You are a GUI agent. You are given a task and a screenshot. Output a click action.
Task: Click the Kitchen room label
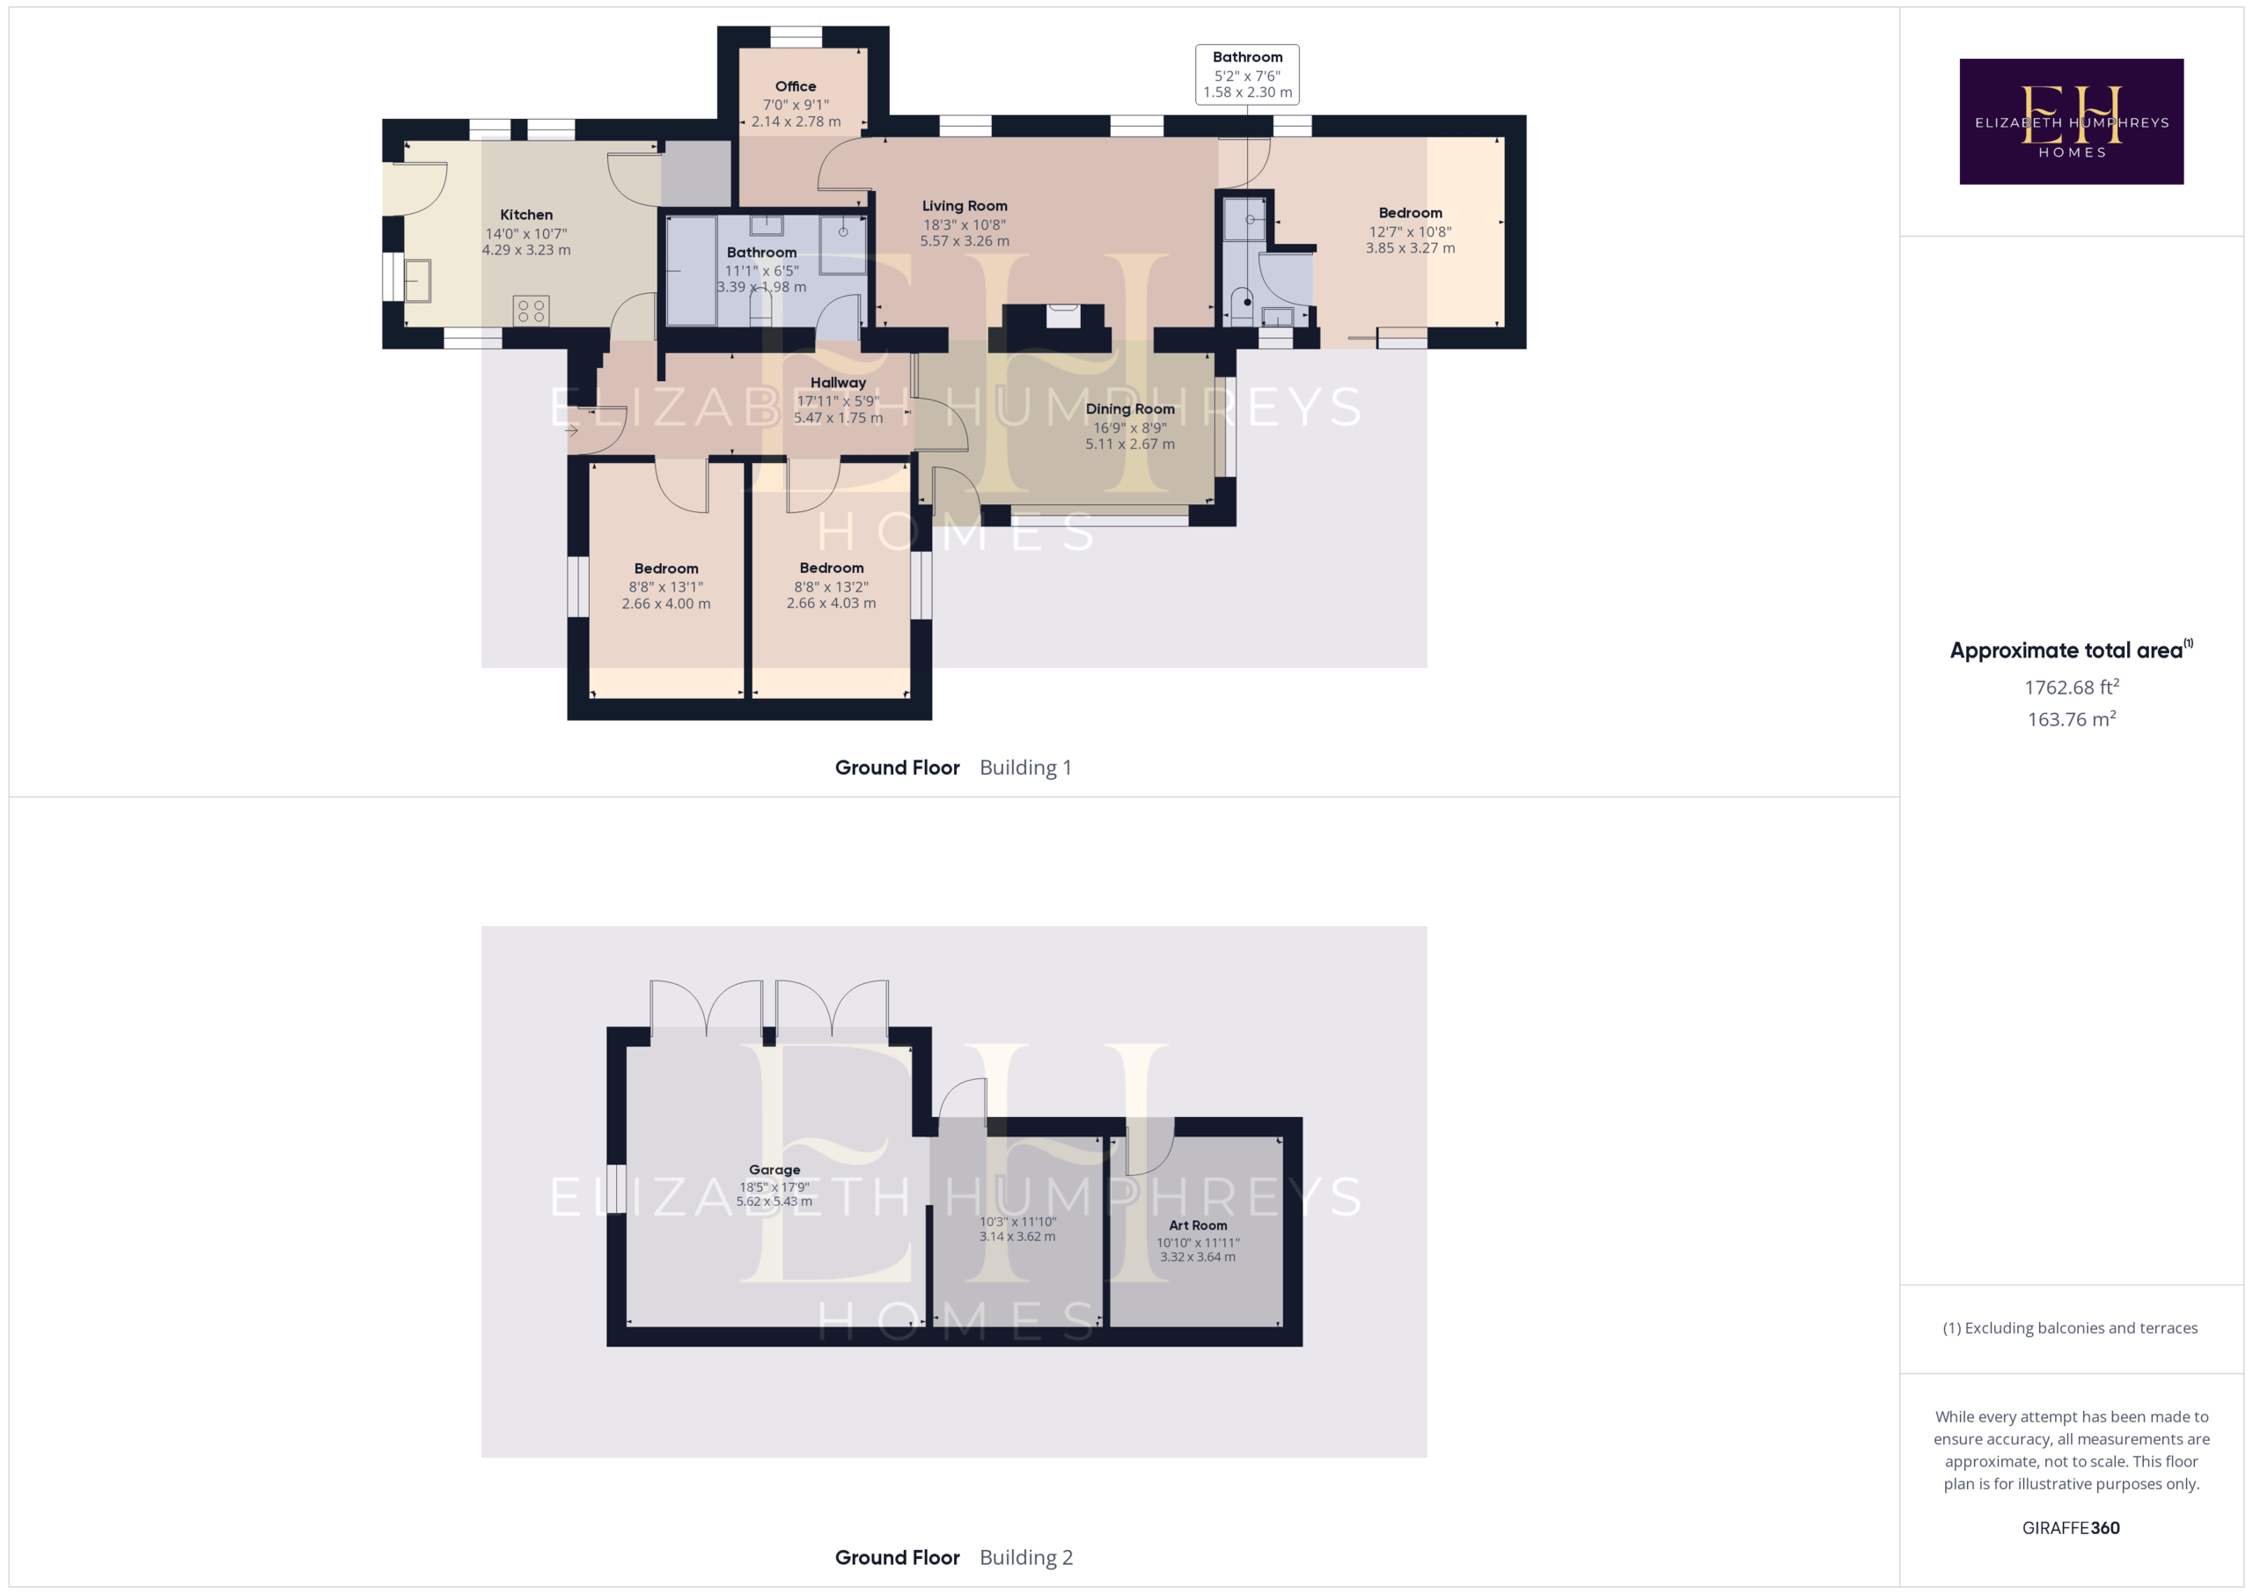[x=526, y=215]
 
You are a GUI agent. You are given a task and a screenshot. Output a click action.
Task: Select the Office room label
[x=795, y=86]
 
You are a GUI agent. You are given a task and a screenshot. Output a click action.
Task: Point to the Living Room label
[x=964, y=206]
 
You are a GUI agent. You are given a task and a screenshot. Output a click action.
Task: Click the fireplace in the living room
[x=1063, y=316]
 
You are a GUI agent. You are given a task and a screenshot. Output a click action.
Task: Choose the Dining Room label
[x=1129, y=409]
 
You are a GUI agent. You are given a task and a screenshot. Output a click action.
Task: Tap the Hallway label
[x=838, y=383]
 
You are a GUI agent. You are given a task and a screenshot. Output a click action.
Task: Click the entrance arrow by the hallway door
[x=571, y=430]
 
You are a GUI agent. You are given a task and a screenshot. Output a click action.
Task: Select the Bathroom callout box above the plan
[x=1247, y=75]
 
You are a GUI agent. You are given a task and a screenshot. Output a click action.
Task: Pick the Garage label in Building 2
[x=774, y=1170]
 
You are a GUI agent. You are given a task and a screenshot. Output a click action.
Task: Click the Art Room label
[x=1197, y=1225]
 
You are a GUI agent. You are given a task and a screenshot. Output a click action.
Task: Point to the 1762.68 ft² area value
[x=2071, y=687]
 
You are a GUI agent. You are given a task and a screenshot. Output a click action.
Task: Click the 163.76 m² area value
[x=2071, y=719]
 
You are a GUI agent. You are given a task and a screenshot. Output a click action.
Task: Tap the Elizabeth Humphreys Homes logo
[x=2071, y=121]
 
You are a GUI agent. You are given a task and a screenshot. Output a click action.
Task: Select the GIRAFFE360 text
[x=2071, y=1527]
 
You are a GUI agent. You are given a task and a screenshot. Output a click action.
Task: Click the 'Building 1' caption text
[x=1025, y=768]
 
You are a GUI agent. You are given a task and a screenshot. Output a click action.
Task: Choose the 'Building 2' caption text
[x=1025, y=1558]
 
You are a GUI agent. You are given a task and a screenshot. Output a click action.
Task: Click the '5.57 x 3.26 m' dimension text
[x=964, y=241]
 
